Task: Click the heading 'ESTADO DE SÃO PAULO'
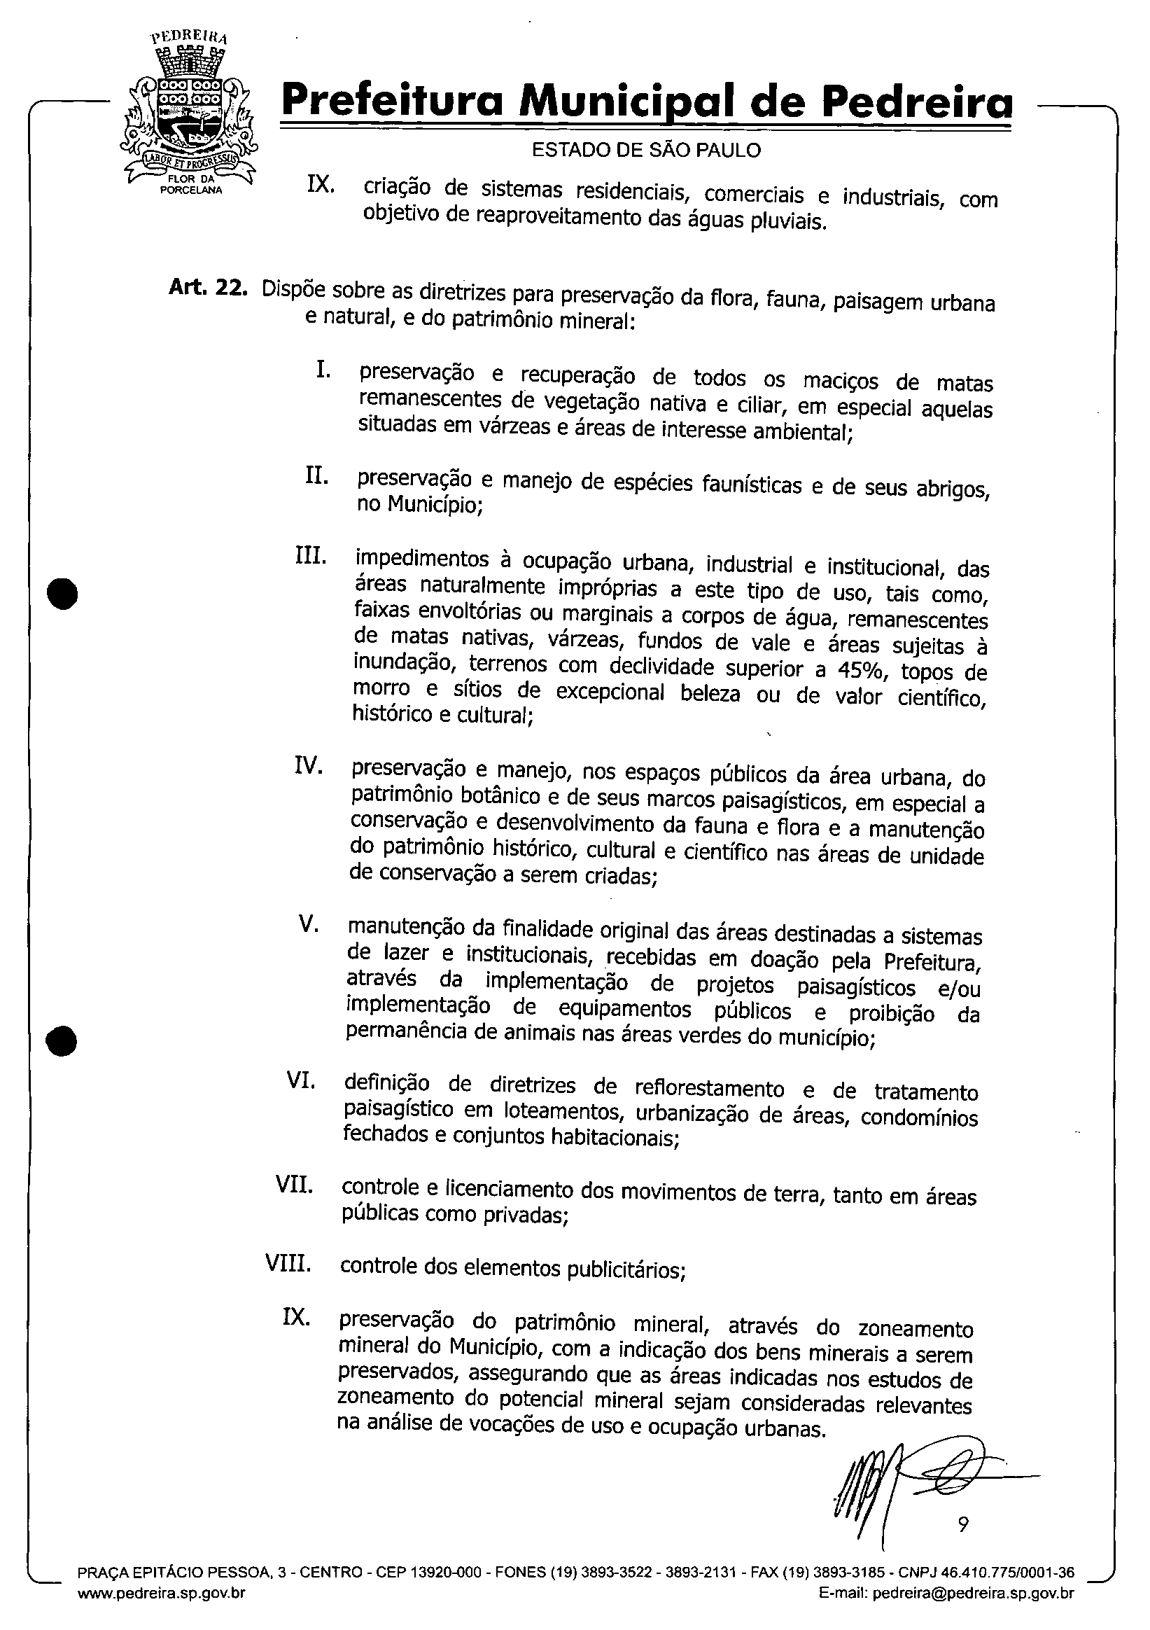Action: [x=646, y=151]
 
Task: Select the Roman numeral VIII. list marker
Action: [x=288, y=1263]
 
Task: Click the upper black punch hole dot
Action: [x=62, y=594]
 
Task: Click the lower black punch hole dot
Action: [x=62, y=1040]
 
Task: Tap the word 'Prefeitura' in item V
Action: [x=933, y=962]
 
